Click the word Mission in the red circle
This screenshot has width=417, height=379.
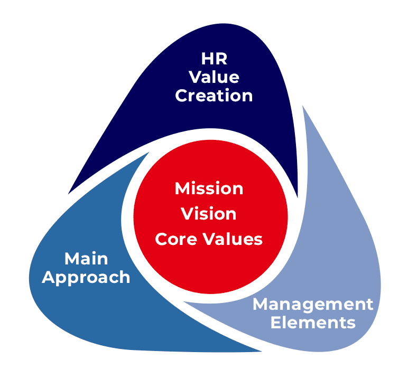[209, 188]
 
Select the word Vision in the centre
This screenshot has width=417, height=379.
[209, 214]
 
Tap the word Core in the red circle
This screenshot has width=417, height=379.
[175, 239]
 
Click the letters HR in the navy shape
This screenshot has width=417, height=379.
[214, 59]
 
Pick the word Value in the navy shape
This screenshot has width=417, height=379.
[214, 77]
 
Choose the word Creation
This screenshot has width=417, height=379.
[214, 96]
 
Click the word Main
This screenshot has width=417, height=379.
[86, 259]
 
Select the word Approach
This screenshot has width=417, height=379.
[86, 278]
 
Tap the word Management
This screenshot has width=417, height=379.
[313, 305]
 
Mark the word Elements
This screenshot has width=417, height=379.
[313, 323]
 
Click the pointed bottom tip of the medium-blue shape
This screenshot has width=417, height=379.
[261, 351]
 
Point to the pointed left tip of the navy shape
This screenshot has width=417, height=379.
[69, 193]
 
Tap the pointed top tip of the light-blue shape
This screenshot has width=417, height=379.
[303, 106]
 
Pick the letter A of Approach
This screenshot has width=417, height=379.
[49, 277]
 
